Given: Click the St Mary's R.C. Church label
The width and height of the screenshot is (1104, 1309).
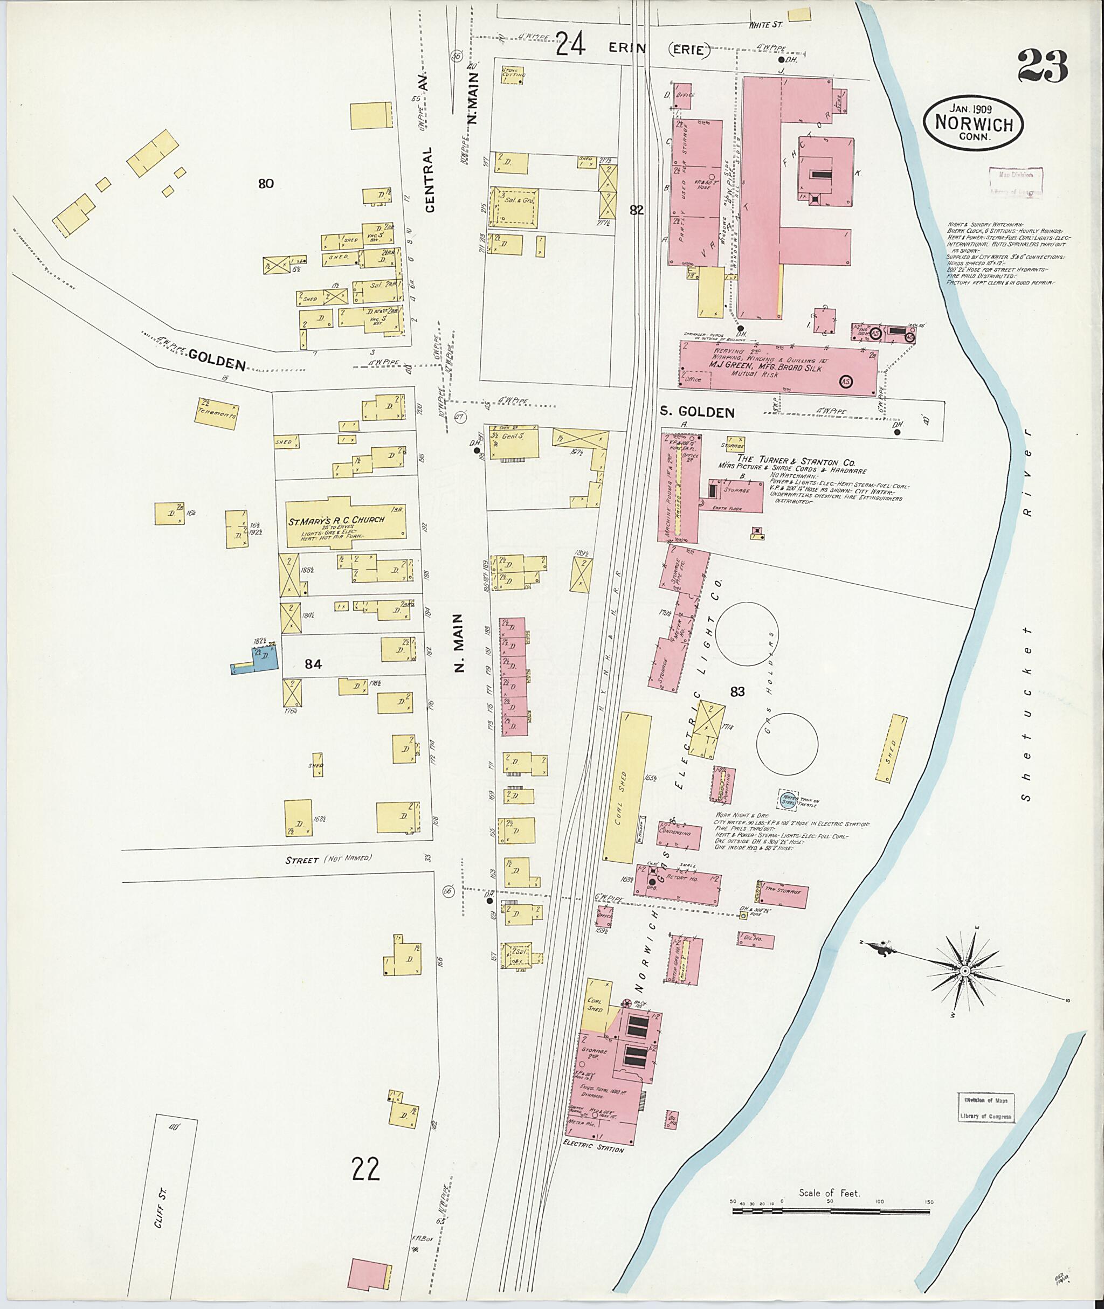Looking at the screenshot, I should pos(336,521).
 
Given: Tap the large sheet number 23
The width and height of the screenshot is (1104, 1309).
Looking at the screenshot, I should pos(1042,67).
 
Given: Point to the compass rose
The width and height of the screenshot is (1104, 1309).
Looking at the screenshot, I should pos(964,987).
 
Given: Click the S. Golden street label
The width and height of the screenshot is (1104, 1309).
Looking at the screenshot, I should pos(697,412).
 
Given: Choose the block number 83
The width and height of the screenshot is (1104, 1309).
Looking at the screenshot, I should pos(737,691).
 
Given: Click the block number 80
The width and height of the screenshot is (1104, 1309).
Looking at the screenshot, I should pos(266,183).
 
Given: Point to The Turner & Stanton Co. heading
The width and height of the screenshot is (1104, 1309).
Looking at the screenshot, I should pos(796,461).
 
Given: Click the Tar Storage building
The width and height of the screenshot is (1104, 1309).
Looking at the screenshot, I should pos(783,896).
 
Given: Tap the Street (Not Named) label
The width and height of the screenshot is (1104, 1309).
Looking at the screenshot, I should pos(328,860).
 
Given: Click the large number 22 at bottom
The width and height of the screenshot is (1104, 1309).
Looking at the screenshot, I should pos(365,1169).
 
